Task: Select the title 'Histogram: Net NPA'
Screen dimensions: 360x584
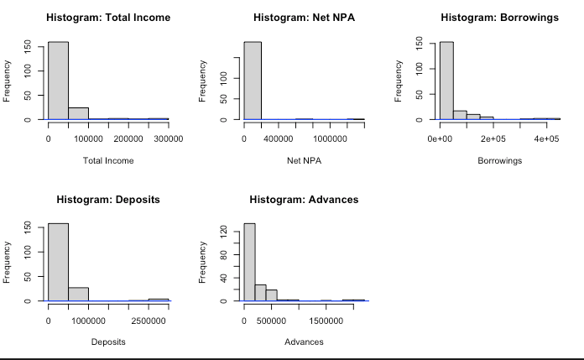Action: coord(304,18)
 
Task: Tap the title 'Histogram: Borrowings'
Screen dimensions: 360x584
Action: coord(499,18)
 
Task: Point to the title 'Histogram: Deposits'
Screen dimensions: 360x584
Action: coord(107,200)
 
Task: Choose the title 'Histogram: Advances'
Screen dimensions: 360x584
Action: coord(304,200)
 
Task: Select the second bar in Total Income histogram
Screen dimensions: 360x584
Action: coord(78,113)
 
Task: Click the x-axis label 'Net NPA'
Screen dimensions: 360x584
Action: coord(304,160)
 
